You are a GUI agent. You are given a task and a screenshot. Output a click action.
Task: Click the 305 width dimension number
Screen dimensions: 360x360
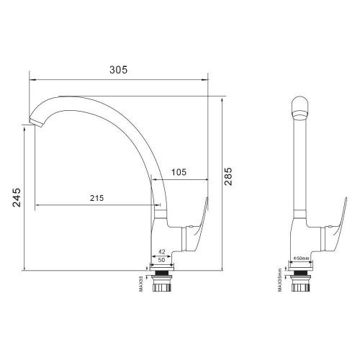[119, 69]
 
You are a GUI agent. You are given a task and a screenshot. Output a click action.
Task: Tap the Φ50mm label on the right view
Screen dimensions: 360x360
[301, 258]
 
